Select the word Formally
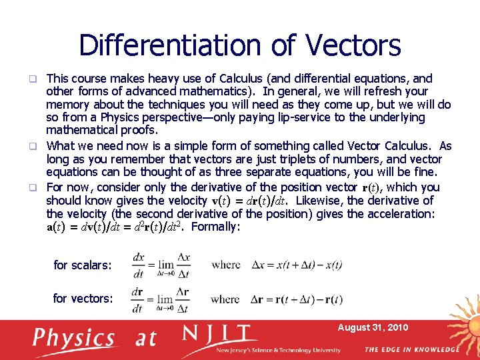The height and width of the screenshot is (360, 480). coord(216,227)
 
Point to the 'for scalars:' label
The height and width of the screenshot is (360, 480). coord(83,265)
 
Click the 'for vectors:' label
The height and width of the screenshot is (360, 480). coord(83,299)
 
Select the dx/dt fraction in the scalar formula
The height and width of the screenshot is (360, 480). coord(139,264)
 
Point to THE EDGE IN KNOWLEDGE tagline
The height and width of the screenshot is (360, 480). coord(412,349)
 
